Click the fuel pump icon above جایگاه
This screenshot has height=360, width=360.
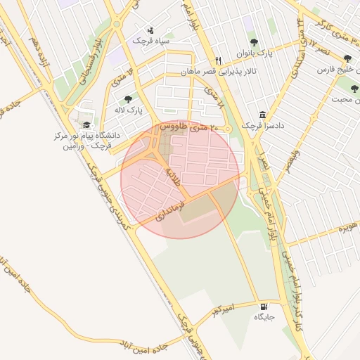tap(264, 307)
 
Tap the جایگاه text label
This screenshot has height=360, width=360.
tap(264, 318)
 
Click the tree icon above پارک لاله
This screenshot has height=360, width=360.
tap(127, 99)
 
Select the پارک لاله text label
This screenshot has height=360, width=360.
tap(129, 110)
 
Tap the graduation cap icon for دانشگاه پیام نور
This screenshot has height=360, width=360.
tap(86, 124)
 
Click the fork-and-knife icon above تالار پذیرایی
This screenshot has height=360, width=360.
tap(219, 60)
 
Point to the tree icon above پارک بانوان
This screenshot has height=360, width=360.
tap(254, 42)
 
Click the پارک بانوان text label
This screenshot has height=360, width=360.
tap(255, 53)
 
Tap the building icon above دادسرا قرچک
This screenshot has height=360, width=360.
tap(262, 115)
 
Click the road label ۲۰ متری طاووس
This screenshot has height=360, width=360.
tap(186, 127)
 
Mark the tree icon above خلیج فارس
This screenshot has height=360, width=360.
tap(347, 60)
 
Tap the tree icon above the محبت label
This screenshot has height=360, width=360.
tap(354, 89)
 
